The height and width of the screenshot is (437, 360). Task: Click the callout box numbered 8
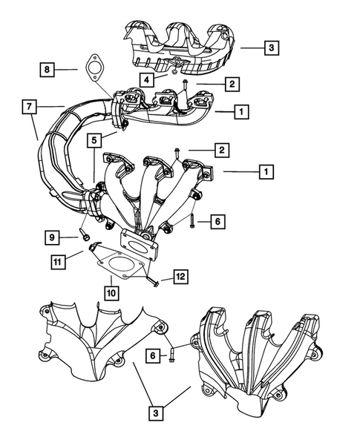click(47, 70)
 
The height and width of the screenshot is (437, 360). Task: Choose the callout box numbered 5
click(94, 139)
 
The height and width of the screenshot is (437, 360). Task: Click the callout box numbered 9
click(51, 237)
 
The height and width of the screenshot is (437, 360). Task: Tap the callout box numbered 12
click(180, 277)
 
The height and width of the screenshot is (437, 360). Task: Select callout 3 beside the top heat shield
click(272, 48)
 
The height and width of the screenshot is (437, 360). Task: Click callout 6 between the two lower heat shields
click(154, 355)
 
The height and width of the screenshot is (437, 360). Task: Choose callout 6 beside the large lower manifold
click(219, 220)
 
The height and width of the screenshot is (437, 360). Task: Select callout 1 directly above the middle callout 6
click(264, 172)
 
